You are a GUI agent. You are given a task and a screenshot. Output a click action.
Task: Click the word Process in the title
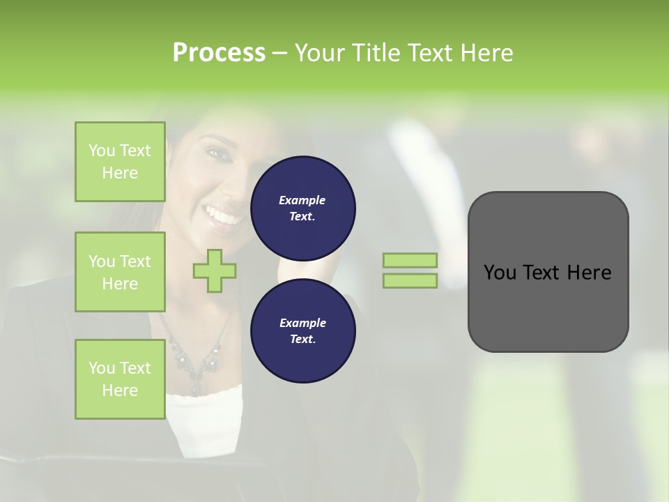pos(219,53)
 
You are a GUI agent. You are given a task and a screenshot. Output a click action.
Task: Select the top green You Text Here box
pos(120,162)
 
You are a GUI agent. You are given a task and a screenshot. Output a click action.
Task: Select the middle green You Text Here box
pos(120,272)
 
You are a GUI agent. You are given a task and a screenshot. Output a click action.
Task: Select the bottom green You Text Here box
pos(120,379)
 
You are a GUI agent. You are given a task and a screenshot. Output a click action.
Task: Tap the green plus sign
pos(215,271)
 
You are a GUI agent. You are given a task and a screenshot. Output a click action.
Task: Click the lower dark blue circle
pos(302,330)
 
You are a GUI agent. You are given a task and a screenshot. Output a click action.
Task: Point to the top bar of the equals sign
pos(410,260)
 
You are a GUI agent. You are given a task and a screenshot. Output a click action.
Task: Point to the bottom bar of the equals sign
pos(410,280)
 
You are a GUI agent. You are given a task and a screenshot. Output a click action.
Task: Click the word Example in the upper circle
pos(302,200)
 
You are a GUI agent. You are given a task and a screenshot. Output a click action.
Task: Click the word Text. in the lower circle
pos(302,339)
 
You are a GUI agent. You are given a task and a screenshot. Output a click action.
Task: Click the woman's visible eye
pos(213,151)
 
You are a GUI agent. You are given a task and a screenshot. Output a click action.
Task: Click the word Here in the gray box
pos(589,273)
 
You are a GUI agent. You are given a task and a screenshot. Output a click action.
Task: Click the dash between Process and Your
pos(280,53)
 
